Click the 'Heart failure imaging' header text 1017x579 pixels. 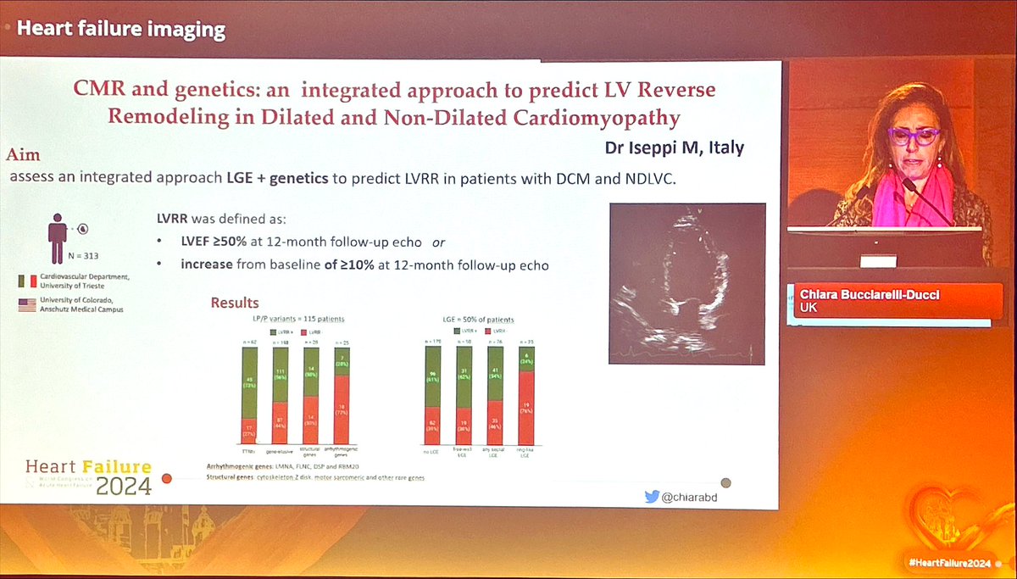pyautogui.click(x=122, y=31)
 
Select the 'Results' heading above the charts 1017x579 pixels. pyautogui.click(x=235, y=303)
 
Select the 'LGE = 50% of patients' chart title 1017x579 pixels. pyautogui.click(x=478, y=319)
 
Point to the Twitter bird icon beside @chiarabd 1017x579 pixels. pyautogui.click(x=652, y=496)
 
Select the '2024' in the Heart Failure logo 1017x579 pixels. pyautogui.click(x=123, y=486)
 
